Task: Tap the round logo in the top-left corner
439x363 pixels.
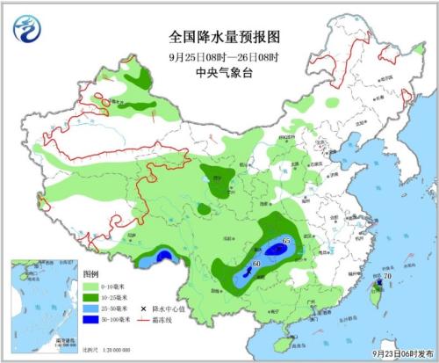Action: pos(25,30)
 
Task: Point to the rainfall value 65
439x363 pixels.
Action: pos(286,241)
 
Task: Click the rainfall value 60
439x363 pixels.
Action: pos(256,264)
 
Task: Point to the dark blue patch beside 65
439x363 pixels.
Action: pos(277,250)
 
